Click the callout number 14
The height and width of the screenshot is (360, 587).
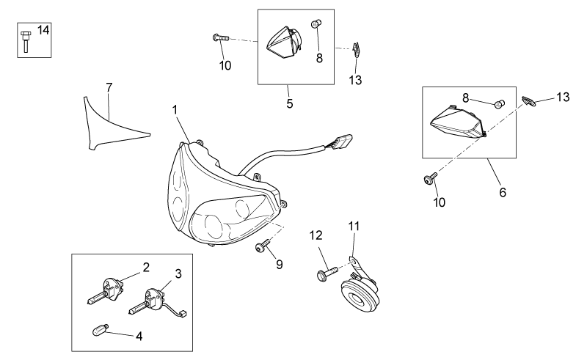pos(43,29)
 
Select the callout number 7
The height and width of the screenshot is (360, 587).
pos(109,87)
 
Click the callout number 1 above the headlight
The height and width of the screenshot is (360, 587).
pos(175,110)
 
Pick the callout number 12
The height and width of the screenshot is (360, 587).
pos(316,235)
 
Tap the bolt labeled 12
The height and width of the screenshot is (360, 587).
pos(327,273)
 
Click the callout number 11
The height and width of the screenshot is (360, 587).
pos(354,226)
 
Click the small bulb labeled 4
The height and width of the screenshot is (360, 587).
pos(100,330)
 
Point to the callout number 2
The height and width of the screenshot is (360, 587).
pos(146,267)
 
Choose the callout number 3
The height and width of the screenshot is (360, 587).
pos(178,273)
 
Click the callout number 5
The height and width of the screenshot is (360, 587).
pos(290,103)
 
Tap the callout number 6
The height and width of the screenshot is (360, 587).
pos(503,192)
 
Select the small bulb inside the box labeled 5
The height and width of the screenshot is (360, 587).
pos(316,24)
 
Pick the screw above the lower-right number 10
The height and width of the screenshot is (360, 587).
pos(430,178)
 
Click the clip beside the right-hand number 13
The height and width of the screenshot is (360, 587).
pos(528,101)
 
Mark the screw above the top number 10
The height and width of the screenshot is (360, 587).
pos(220,37)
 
